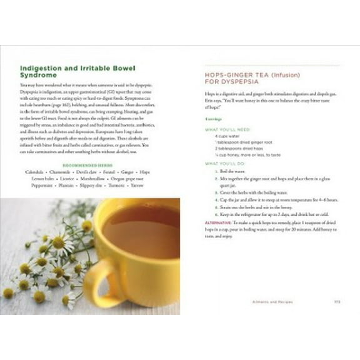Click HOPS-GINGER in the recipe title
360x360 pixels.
[231, 74]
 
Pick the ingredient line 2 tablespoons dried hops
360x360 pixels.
[235, 149]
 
